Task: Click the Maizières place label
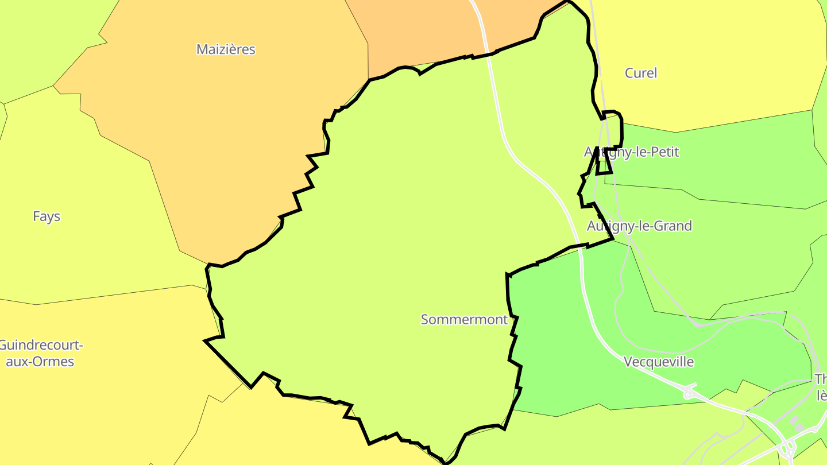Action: coord(226,49)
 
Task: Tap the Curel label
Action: coord(640,73)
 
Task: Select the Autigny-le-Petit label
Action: coord(631,152)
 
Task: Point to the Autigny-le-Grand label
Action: coord(639,226)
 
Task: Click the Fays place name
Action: coord(47,216)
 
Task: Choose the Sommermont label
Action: coord(464,320)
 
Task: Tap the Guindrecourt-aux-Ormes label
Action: coord(40,354)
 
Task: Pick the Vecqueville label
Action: coord(659,362)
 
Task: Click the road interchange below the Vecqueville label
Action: coord(688,393)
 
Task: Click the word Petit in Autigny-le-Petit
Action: coord(664,152)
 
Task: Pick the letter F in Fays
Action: coord(36,216)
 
